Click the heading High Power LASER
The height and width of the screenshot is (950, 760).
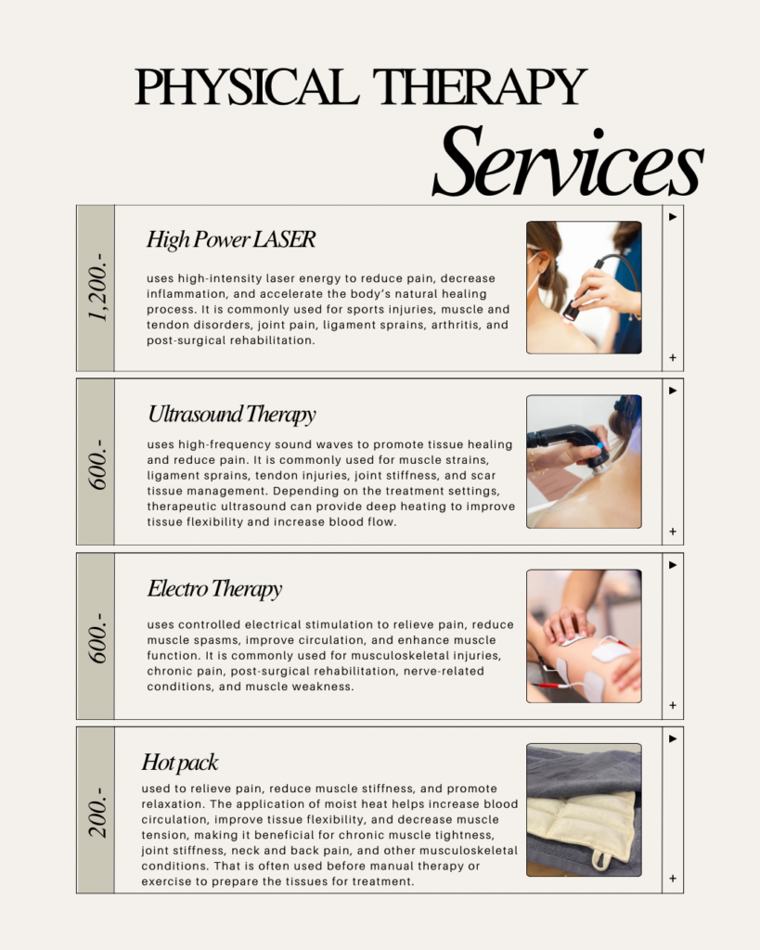[231, 239]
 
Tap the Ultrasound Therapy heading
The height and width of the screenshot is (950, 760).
[231, 415]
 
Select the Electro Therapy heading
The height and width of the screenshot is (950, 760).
[214, 588]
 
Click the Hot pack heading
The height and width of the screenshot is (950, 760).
[180, 763]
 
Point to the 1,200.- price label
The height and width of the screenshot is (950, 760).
[97, 288]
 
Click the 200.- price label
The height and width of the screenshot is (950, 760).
[97, 812]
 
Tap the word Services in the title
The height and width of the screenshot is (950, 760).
[567, 160]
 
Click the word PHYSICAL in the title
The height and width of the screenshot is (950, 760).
[247, 86]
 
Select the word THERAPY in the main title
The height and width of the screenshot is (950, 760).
[480, 86]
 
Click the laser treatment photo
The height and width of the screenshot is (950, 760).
[584, 288]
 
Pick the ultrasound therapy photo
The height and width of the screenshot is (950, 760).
[584, 462]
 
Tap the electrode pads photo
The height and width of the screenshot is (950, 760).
[584, 636]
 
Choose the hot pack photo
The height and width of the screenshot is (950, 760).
[584, 810]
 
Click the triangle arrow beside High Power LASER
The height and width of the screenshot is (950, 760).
[673, 217]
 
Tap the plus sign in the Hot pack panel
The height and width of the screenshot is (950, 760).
[673, 879]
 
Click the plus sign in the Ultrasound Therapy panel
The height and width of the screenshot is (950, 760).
[673, 532]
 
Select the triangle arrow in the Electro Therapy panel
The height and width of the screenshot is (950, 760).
[673, 565]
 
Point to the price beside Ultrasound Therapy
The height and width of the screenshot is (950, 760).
[97, 464]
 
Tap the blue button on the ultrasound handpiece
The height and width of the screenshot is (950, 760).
[600, 446]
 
